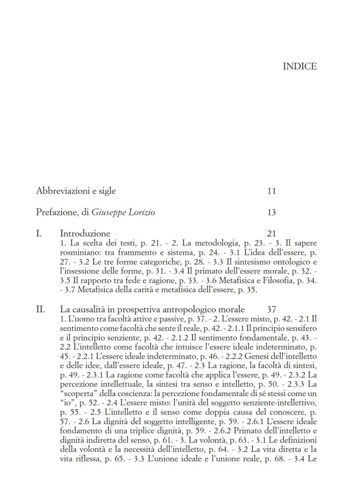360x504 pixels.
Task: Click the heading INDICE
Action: point(299,67)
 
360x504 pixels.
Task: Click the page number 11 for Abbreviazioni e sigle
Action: point(271,191)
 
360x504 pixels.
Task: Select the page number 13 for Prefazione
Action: point(271,212)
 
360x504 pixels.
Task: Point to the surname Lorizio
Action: point(141,212)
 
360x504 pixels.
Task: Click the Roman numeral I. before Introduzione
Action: point(39,233)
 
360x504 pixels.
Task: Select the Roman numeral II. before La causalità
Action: point(40,309)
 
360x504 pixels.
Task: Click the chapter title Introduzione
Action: point(85,233)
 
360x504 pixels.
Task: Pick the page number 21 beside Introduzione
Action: point(271,233)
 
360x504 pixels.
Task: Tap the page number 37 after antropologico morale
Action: point(271,309)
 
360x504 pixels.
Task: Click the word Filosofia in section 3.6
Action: point(280,280)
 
